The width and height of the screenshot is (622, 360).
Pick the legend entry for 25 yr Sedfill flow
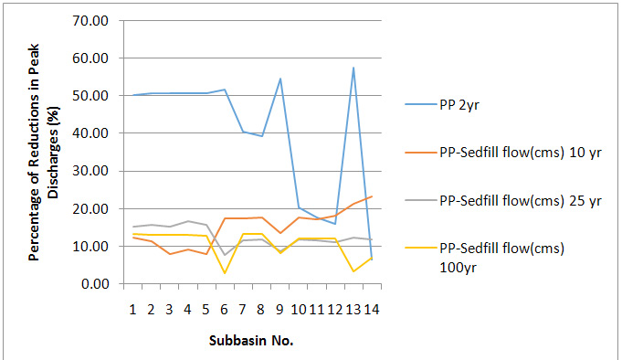click(519, 198)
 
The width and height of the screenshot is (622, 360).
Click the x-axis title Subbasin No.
click(252, 339)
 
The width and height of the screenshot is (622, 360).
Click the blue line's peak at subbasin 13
click(353, 68)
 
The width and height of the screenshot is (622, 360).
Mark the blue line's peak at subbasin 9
click(279, 79)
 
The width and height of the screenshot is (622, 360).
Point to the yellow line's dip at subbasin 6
click(225, 272)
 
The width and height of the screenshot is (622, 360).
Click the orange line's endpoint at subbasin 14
click(371, 196)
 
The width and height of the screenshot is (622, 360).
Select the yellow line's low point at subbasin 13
click(353, 270)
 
